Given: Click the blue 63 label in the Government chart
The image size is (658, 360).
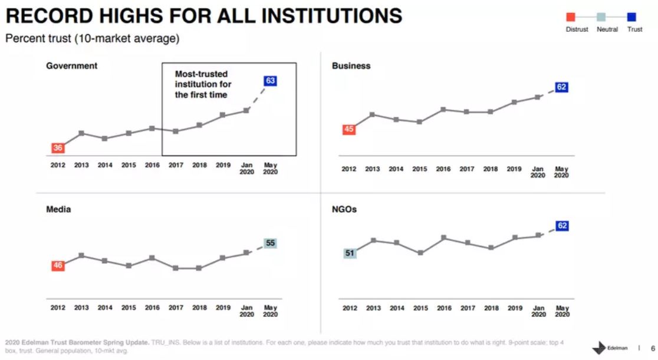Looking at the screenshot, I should click(x=271, y=81).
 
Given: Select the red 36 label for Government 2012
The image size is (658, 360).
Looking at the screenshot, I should click(x=58, y=148).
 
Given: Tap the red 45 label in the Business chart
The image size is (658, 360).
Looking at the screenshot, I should click(x=349, y=130).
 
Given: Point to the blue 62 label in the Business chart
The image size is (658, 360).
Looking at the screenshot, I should click(x=561, y=87).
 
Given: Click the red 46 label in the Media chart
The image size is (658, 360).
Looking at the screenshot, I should click(x=58, y=266).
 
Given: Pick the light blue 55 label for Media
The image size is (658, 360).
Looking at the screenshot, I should click(x=271, y=243).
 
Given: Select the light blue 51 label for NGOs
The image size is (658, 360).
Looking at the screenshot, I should click(x=349, y=253).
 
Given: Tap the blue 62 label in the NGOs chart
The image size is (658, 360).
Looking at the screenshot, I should click(x=562, y=226).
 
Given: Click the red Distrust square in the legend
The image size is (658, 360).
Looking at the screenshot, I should click(x=571, y=17).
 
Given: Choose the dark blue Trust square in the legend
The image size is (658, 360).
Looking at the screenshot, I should click(x=631, y=17).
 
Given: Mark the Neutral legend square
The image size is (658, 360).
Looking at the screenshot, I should click(x=601, y=17).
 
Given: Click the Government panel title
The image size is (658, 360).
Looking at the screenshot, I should click(x=72, y=66).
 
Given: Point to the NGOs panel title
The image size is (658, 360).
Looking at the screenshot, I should click(x=344, y=209).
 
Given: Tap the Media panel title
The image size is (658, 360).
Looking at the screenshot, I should click(x=58, y=209).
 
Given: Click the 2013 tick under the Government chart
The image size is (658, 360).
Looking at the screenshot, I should click(x=81, y=166).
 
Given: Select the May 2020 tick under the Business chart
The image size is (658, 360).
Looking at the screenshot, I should click(x=561, y=172).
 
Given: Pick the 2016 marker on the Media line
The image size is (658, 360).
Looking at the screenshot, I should click(x=152, y=258).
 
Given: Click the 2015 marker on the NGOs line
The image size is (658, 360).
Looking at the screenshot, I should click(x=420, y=253).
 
